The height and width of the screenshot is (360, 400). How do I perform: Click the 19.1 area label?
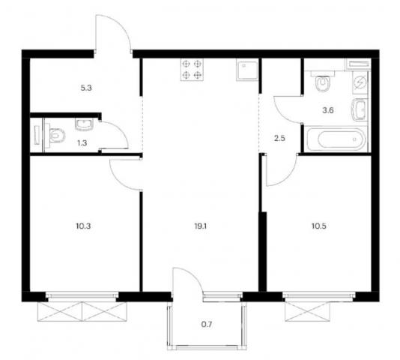(200, 226)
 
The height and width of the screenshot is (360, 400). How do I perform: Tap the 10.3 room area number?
(83, 226)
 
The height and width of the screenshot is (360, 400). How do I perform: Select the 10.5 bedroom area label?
(319, 226)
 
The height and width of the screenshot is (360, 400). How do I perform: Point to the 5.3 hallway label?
(86, 88)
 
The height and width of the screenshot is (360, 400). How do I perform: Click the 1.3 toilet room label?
(82, 143)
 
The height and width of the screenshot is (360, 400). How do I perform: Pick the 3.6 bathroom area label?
(328, 111)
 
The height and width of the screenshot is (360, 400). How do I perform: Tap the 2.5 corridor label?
(279, 139)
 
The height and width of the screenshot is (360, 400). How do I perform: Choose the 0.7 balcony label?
(207, 325)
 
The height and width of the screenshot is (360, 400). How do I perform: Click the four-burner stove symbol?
(192, 70)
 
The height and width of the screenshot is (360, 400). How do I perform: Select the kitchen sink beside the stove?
(247, 70)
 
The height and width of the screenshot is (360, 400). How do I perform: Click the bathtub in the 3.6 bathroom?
(336, 139)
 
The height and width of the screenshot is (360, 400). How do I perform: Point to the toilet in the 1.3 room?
(55, 135)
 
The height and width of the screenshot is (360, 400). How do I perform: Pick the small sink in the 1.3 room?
(85, 124)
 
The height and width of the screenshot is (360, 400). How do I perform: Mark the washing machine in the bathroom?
(360, 82)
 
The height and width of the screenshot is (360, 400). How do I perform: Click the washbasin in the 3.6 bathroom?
(360, 109)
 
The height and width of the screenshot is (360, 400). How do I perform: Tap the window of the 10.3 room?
(82, 295)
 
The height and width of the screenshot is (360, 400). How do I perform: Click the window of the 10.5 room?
(319, 295)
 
